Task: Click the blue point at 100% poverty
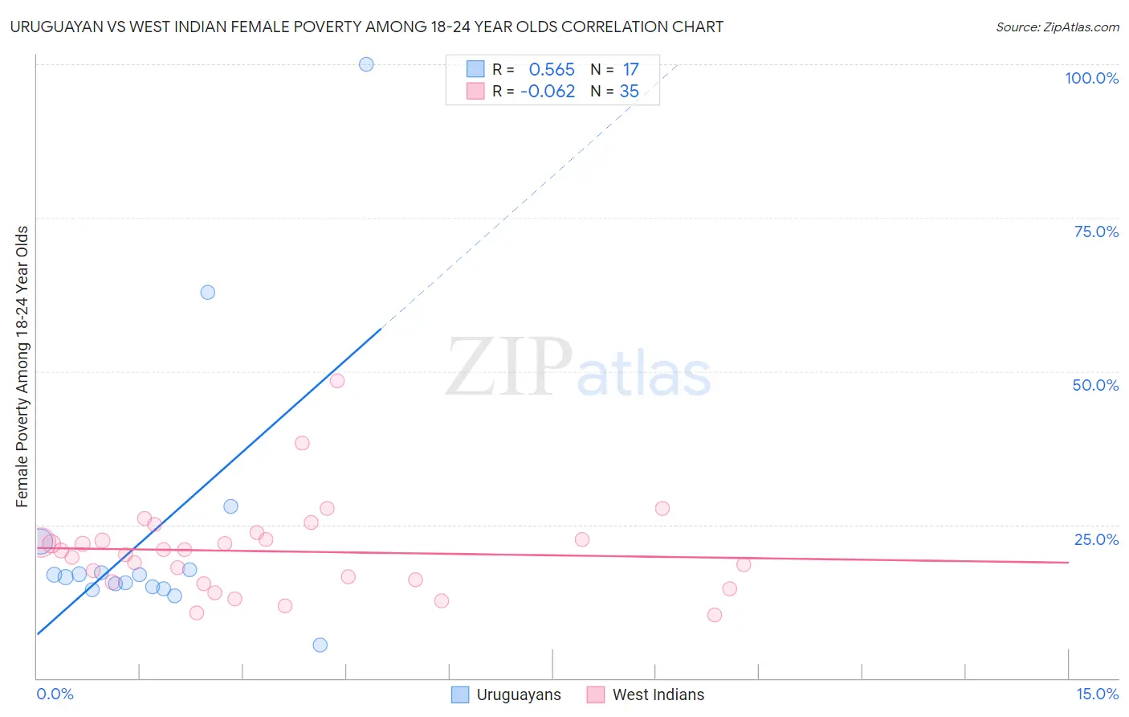366,64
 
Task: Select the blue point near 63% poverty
208,293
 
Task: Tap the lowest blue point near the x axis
320,645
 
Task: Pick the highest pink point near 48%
337,381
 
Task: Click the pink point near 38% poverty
302,443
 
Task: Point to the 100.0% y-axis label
1091,78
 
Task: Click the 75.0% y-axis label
1096,231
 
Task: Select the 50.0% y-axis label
1095,385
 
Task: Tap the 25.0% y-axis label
1096,539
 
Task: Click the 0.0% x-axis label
55,694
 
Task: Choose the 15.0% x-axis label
1097,694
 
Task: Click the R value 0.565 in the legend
552,70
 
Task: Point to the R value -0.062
548,92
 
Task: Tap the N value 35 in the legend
630,92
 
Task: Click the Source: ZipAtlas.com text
1057,27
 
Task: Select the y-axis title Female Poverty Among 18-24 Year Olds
22,367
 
